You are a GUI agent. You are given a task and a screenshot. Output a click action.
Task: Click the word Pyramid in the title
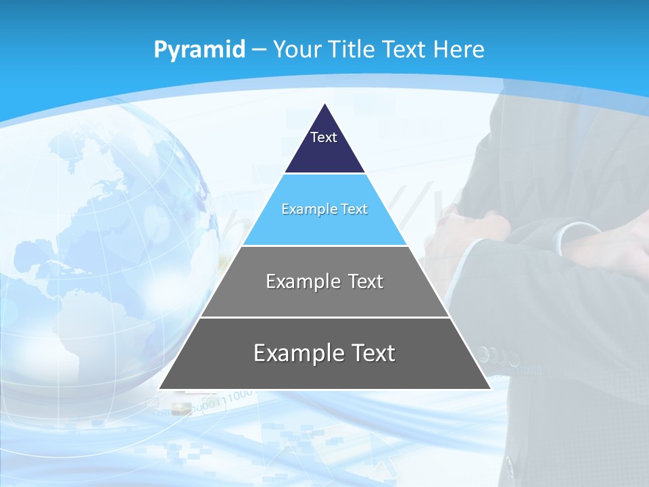coord(199,49)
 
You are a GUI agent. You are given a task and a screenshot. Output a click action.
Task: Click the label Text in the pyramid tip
coord(324,137)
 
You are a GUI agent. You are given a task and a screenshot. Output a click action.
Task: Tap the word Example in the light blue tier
coord(305,209)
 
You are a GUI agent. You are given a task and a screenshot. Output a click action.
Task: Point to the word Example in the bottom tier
coord(296,353)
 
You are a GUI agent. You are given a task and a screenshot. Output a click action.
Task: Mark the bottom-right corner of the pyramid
coord(490,389)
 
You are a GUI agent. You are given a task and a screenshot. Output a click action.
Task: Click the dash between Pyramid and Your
coord(259,49)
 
